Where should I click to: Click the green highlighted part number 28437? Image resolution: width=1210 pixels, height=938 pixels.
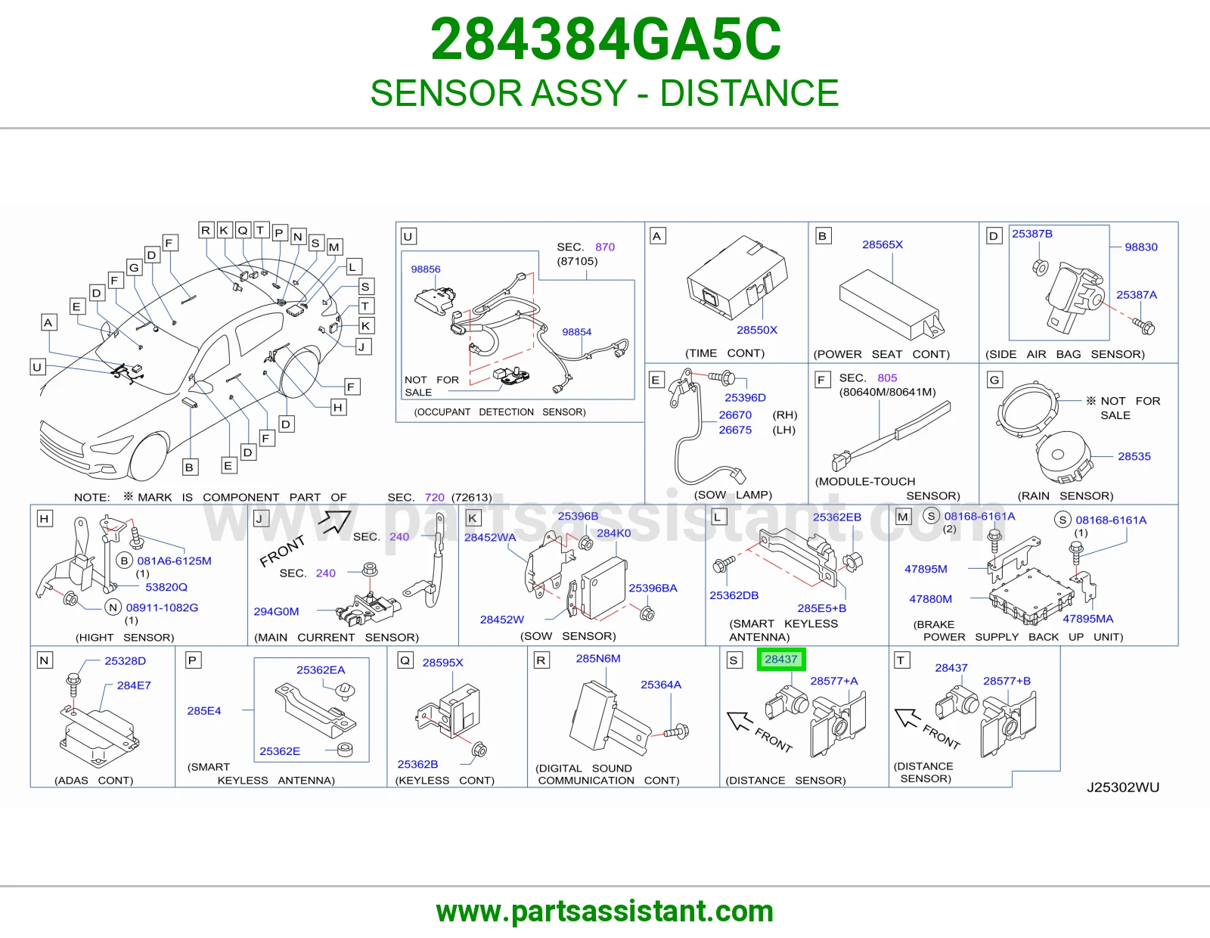pos(780,660)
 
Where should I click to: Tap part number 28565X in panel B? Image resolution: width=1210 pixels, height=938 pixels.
pos(883,244)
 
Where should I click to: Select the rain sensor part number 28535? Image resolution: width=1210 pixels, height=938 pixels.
pos(1134,456)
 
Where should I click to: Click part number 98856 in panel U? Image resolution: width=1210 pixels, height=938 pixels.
pos(426,269)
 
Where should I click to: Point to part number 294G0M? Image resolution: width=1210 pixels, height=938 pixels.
pos(276,611)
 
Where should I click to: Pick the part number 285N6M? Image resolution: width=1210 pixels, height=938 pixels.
pos(598,658)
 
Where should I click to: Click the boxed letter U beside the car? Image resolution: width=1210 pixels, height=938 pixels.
pos(37,367)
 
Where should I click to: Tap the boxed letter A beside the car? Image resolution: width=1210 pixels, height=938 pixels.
pos(48,322)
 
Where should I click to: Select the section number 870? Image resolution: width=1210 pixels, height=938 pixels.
pos(605,247)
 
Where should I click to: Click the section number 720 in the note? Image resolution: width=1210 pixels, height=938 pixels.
pos(434,497)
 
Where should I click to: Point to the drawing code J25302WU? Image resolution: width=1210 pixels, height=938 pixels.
pos(1122,787)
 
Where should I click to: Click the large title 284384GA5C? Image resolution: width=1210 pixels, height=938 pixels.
pos(606,39)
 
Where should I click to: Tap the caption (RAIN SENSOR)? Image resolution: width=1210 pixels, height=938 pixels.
pos(1066,495)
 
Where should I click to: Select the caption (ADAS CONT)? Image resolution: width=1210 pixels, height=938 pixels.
pos(94,781)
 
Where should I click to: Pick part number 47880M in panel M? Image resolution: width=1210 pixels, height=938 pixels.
pos(930,599)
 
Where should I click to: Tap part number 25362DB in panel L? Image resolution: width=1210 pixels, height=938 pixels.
pos(734,595)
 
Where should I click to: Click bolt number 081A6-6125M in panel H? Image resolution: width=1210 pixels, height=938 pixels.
pos(174,561)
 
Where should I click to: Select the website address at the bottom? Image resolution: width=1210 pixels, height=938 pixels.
pos(605,912)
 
